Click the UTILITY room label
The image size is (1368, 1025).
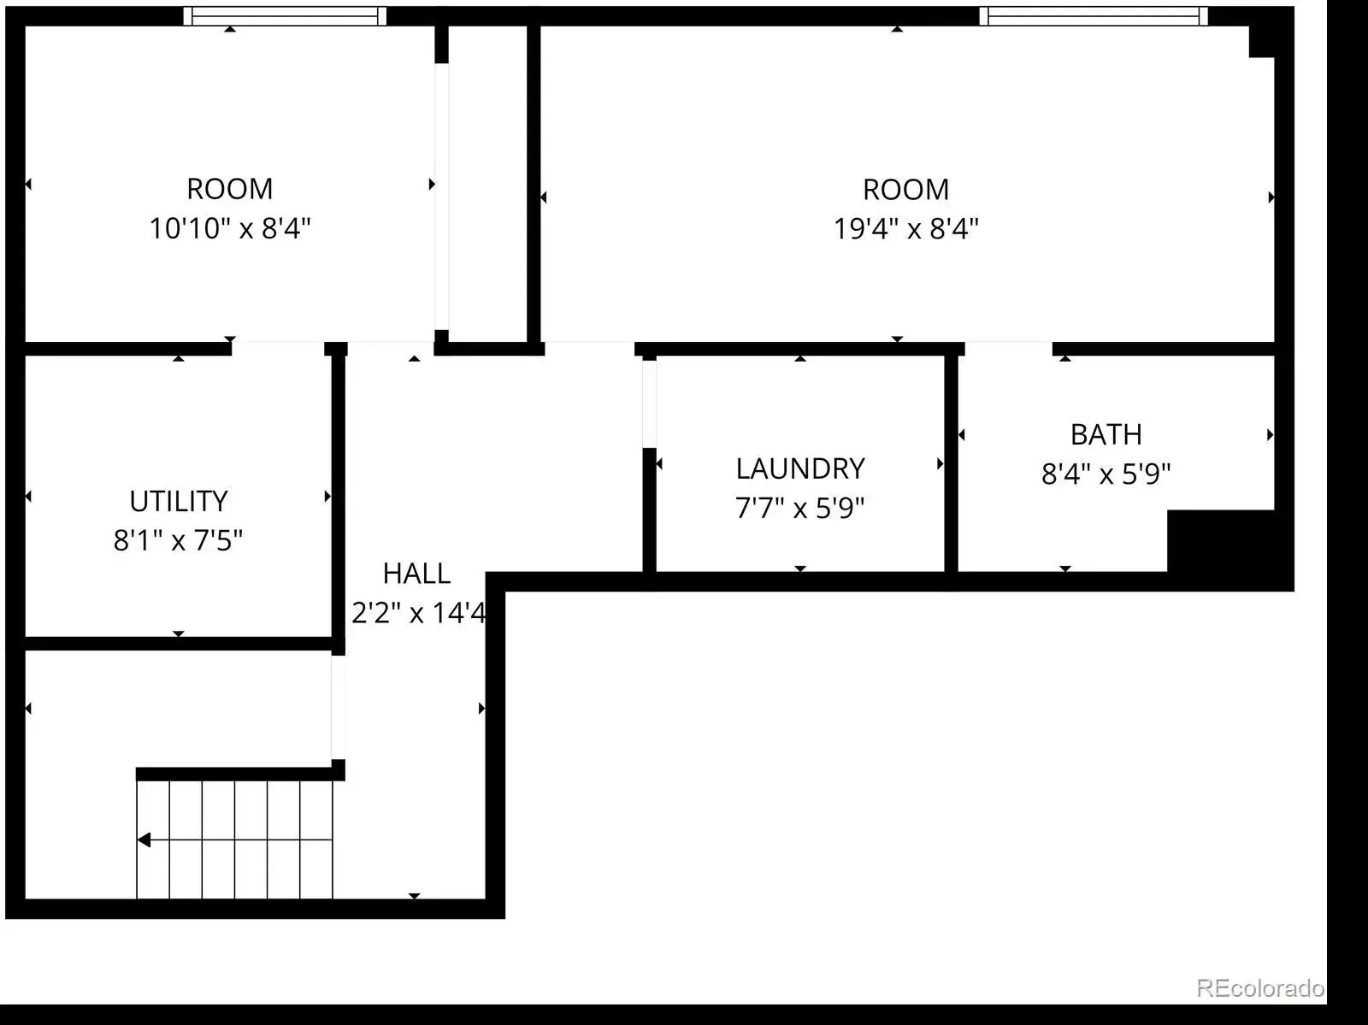pos(178,501)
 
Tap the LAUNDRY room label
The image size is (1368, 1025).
pos(800,468)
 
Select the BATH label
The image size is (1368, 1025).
pos(1106,435)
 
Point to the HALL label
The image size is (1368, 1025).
pos(416,574)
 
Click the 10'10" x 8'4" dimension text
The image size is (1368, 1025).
pos(229,228)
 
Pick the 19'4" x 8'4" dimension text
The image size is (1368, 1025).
pos(906,228)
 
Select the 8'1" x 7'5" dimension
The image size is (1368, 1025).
pos(178,540)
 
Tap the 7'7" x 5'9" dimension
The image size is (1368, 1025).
pos(800,508)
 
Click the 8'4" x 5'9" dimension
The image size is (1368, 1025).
pos(1106,474)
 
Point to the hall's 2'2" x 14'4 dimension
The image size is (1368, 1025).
pos(418,612)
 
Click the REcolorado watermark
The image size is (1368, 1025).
pos(1260,988)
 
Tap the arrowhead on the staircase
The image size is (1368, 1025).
pos(144,840)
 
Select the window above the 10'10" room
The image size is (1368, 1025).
pos(285,16)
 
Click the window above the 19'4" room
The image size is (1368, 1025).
pos(1094,16)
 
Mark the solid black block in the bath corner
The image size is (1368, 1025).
pos(1222,541)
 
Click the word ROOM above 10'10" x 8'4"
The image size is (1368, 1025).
pos(229,189)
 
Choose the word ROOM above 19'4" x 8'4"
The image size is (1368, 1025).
pos(906,190)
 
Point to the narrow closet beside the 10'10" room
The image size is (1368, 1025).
pos(487,184)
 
